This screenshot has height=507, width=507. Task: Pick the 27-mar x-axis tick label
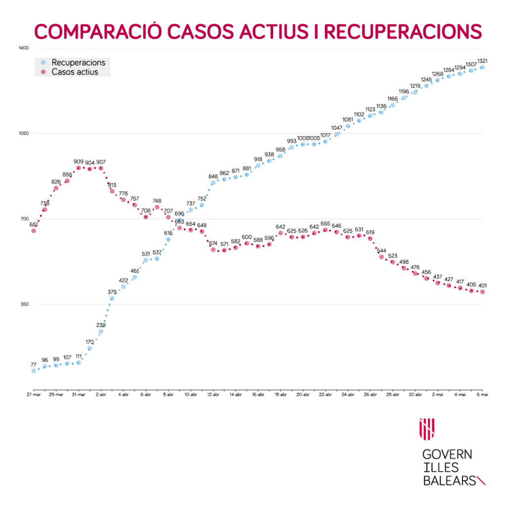pos(34,395)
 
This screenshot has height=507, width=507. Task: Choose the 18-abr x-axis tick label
pos(280,395)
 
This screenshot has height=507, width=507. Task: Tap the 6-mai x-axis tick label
pos(483,395)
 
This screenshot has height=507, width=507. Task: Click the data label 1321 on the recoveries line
pos(483,61)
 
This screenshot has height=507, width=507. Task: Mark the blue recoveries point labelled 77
pos(34,371)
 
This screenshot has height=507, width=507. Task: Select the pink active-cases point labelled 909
pos(78,168)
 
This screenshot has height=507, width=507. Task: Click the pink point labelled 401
pos(483,292)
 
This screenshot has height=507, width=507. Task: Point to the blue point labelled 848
pos(213,183)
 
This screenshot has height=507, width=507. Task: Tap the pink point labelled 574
pos(213,250)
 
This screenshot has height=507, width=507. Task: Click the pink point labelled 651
pos(34,231)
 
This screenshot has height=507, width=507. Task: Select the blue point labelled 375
pos(112,298)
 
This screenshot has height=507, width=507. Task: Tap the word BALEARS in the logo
pos(448,480)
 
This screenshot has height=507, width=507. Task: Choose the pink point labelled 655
pos(325,230)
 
